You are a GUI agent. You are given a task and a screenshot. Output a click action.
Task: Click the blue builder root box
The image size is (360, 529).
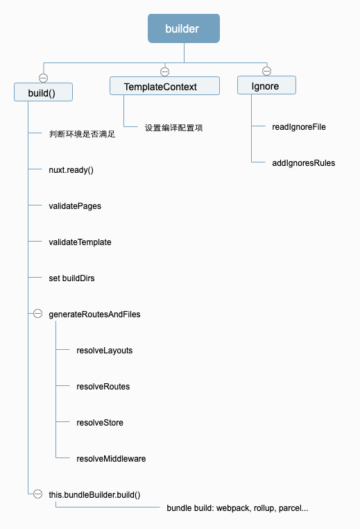click(x=184, y=28)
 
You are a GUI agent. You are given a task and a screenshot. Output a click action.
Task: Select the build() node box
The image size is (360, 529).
click(x=43, y=92)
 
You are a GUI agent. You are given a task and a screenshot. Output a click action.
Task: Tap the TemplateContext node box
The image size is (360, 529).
click(x=164, y=86)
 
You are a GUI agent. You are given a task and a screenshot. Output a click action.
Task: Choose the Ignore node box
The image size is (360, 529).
click(x=266, y=86)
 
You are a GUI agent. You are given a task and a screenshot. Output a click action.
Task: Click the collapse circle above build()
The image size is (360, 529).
click(x=43, y=77)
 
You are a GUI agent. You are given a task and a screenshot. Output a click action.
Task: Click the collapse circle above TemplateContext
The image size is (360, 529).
click(x=164, y=71)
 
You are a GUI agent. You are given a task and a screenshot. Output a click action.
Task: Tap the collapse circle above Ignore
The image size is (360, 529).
click(x=266, y=71)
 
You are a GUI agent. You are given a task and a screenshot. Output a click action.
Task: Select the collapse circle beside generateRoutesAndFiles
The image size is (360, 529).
click(x=37, y=314)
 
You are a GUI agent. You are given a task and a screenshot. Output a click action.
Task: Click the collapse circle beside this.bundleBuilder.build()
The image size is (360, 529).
click(x=37, y=494)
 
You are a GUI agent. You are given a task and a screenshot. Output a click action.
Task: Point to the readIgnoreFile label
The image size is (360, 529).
click(x=299, y=127)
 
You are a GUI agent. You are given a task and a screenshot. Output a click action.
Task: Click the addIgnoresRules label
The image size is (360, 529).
click(x=303, y=163)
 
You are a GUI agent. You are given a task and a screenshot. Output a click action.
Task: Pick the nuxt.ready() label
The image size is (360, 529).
click(x=71, y=170)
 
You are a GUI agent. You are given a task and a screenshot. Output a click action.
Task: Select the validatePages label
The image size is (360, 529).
click(x=75, y=206)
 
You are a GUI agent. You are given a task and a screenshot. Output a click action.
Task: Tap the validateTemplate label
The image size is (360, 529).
click(x=80, y=242)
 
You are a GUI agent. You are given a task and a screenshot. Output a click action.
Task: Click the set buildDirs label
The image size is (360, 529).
click(x=71, y=278)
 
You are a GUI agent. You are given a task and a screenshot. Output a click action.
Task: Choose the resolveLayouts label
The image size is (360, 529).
click(x=104, y=351)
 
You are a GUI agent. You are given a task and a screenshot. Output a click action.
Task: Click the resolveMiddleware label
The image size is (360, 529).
click(x=111, y=459)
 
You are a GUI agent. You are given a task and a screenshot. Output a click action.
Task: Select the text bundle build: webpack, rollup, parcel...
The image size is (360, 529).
click(x=237, y=508)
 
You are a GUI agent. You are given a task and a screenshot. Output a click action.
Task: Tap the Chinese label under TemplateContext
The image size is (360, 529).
click(x=173, y=128)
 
